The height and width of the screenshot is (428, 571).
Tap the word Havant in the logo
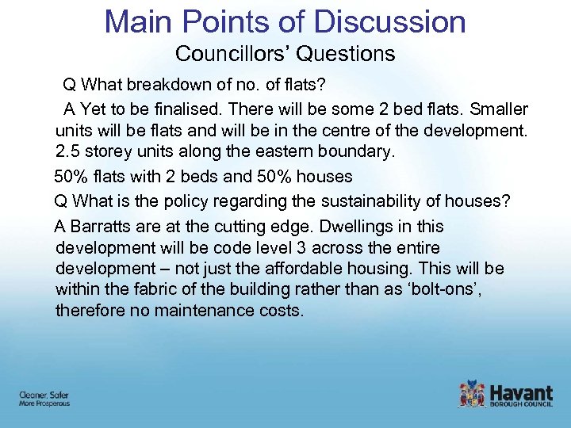point(521,392)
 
